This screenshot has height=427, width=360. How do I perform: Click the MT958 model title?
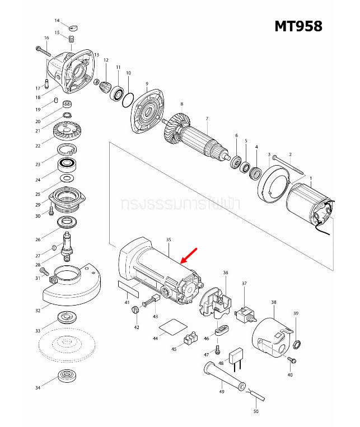coord(298,26)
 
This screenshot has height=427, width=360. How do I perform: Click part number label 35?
coord(169,240)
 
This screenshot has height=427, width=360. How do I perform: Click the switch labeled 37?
coord(245,316)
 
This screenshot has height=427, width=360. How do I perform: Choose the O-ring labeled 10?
coord(128,97)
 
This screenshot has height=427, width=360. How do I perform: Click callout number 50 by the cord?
coord(256,412)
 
